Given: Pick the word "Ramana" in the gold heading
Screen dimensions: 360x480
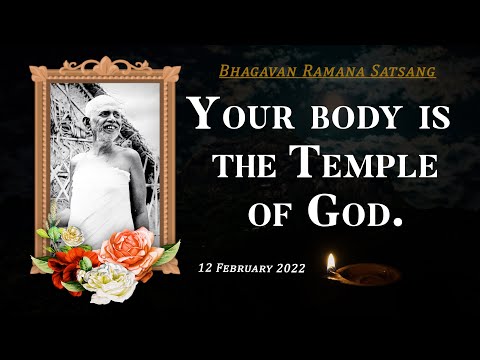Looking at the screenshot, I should click(x=333, y=73).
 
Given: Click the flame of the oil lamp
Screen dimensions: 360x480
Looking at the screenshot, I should click(x=331, y=262).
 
